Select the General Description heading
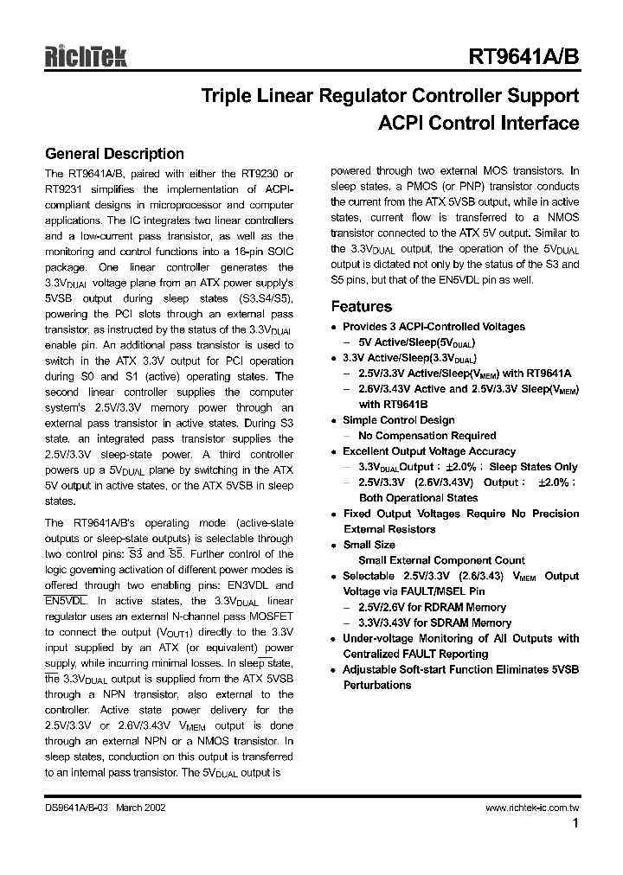114,154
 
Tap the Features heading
362,306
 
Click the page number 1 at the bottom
575,824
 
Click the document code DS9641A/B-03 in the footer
80,807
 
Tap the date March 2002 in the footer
141,807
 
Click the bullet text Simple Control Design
398,420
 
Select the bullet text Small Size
369,545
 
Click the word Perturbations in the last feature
376,685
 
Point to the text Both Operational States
418,498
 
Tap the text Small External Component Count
434,560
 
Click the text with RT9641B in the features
394,405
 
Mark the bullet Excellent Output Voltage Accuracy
428,451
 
